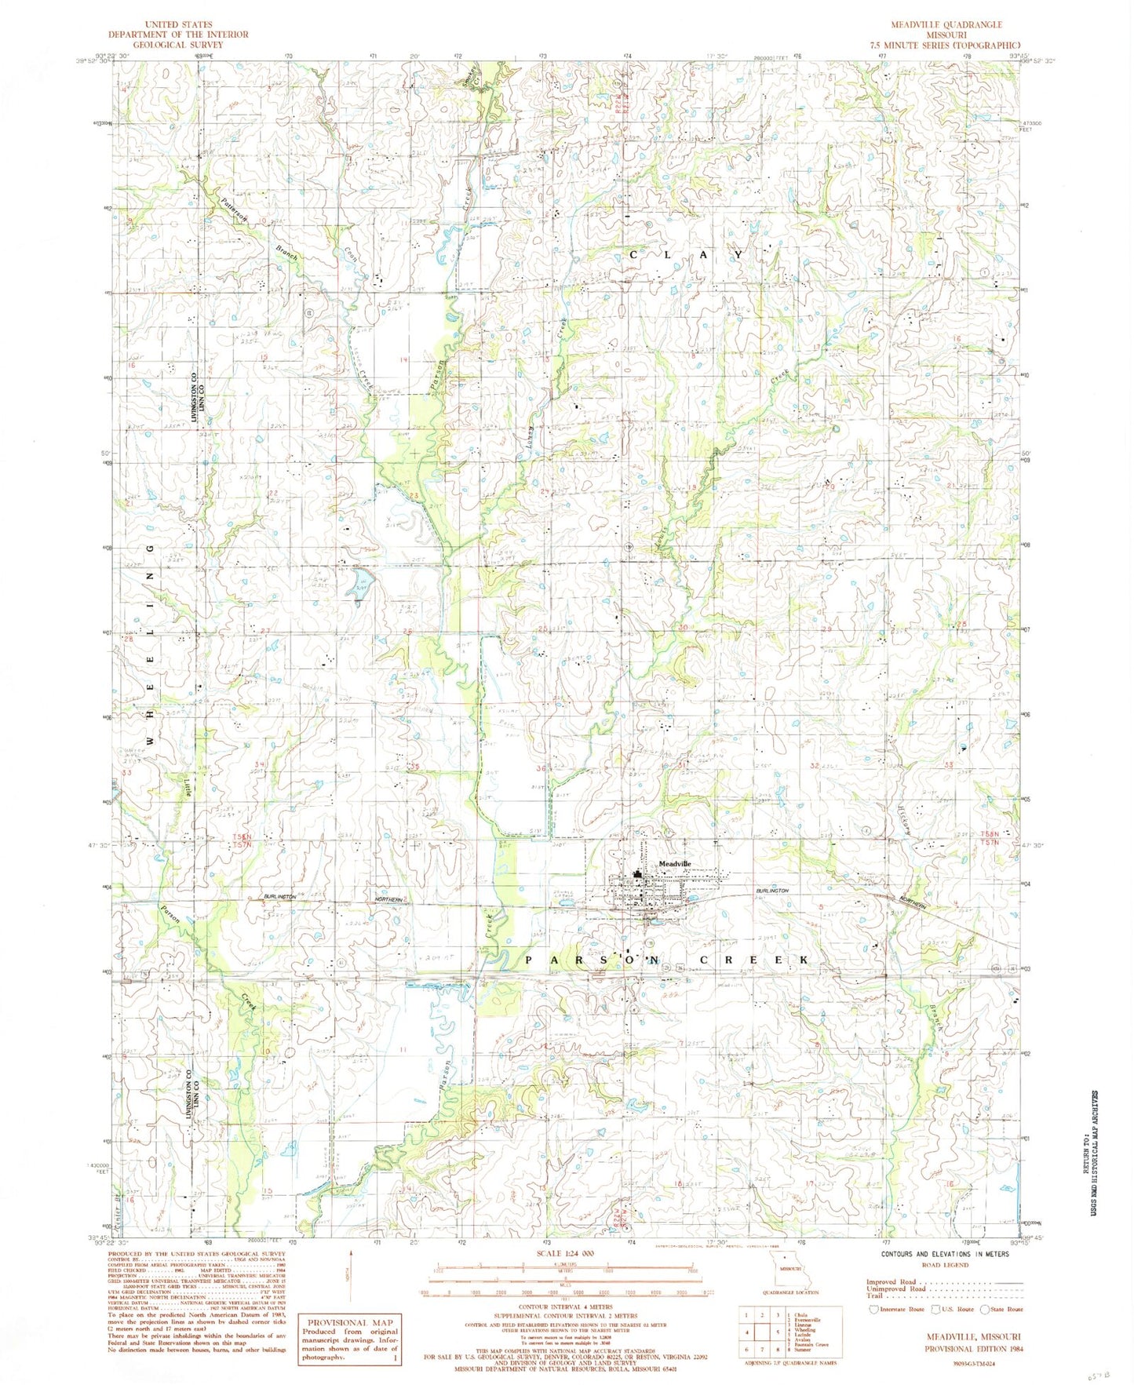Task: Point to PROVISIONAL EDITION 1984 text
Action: point(971,1348)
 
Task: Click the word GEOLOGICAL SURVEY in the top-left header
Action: point(178,45)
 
